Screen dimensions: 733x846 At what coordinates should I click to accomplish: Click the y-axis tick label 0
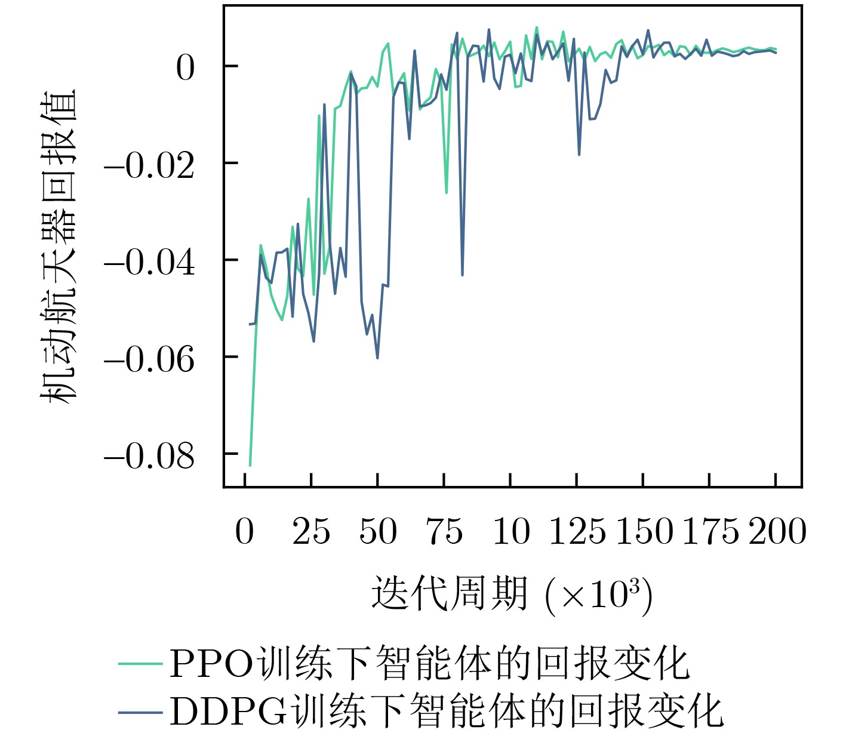click(x=185, y=68)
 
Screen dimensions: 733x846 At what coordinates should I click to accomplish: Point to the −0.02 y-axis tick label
click(x=149, y=165)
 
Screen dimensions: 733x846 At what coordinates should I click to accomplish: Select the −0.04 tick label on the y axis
click(x=149, y=263)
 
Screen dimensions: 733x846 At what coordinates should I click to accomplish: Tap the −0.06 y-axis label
click(x=149, y=359)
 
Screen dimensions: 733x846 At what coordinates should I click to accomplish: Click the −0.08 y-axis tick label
click(x=149, y=457)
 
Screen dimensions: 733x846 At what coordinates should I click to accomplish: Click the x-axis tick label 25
click(x=311, y=531)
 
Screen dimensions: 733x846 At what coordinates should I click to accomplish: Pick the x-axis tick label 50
click(x=378, y=531)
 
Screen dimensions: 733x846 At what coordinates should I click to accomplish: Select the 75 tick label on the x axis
click(x=444, y=531)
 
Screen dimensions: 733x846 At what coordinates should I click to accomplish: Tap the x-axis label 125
click(x=577, y=531)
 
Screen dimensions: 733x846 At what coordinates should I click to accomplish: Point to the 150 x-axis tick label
click(x=644, y=531)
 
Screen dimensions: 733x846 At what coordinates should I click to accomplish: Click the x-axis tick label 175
click(x=710, y=531)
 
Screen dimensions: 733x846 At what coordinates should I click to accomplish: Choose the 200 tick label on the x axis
click(x=777, y=531)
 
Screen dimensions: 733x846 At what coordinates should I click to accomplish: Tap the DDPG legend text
click(x=446, y=711)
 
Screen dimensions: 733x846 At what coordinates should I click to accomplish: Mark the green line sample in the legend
click(x=140, y=664)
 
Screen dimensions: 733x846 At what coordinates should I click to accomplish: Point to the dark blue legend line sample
click(x=140, y=712)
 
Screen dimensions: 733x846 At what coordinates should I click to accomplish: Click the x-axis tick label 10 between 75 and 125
click(x=511, y=531)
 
